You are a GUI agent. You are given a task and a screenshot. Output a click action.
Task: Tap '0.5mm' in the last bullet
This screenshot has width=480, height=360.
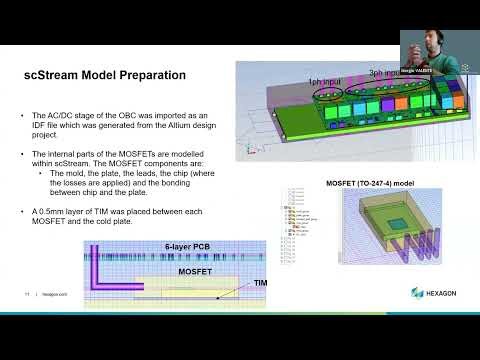tap(52, 212)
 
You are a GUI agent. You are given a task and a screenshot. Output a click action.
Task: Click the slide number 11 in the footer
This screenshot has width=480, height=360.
tap(27, 294)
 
